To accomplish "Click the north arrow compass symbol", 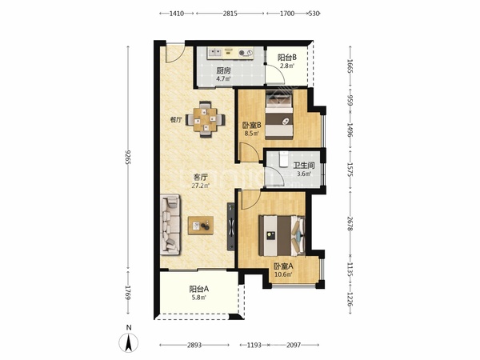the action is (x=129, y=342).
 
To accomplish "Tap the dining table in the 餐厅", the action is (x=206, y=119).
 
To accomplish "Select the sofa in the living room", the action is (x=170, y=224).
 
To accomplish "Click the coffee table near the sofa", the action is (x=201, y=226).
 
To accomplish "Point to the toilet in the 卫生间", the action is (x=283, y=159).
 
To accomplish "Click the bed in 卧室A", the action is (x=282, y=236).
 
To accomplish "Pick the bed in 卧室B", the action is (x=279, y=115).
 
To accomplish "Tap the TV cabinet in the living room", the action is (x=230, y=226).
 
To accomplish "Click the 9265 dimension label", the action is (x=128, y=157).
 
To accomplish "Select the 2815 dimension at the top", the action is (x=230, y=14).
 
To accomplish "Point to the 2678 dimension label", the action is (x=350, y=223).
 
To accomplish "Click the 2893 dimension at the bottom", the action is (x=194, y=345).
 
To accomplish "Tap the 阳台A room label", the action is (x=199, y=289).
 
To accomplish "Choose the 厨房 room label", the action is (x=223, y=70).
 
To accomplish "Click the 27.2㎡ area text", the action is (x=201, y=186).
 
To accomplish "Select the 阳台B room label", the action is (x=287, y=58).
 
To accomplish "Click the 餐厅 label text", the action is (x=176, y=120).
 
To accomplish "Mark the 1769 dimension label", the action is (x=128, y=292).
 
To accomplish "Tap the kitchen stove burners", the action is (x=246, y=53).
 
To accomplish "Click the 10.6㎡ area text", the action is (x=283, y=274).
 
